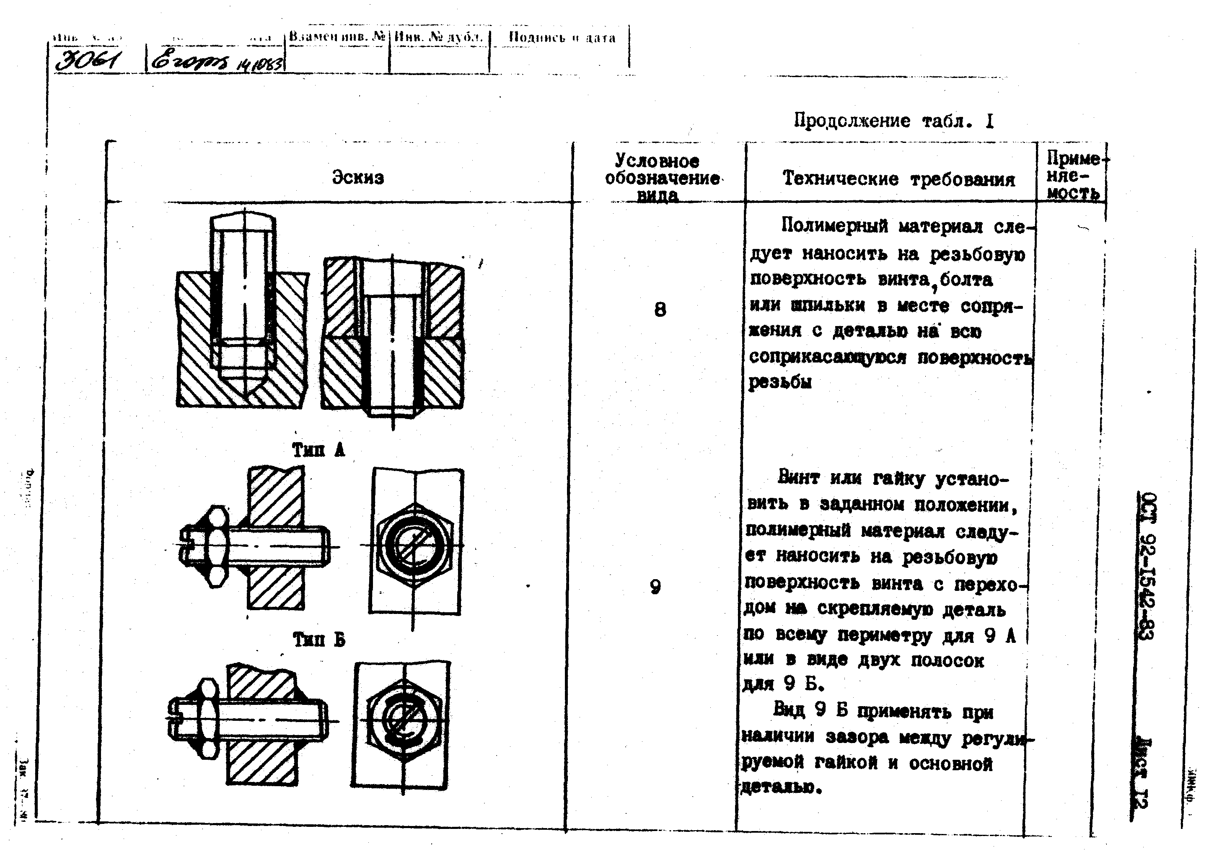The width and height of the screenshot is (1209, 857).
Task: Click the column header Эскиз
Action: tap(358, 177)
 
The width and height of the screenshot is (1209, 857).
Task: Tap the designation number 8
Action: tap(660, 309)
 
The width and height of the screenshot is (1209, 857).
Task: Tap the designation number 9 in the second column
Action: tap(655, 587)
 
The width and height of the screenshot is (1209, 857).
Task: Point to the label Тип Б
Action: tap(319, 640)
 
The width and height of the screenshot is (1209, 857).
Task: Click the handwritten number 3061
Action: tap(89, 62)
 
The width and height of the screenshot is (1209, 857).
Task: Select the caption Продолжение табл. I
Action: tap(893, 122)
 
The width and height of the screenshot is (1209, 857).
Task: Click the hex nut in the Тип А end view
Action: tap(415, 544)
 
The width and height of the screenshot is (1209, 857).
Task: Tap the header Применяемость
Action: tap(1072, 176)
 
